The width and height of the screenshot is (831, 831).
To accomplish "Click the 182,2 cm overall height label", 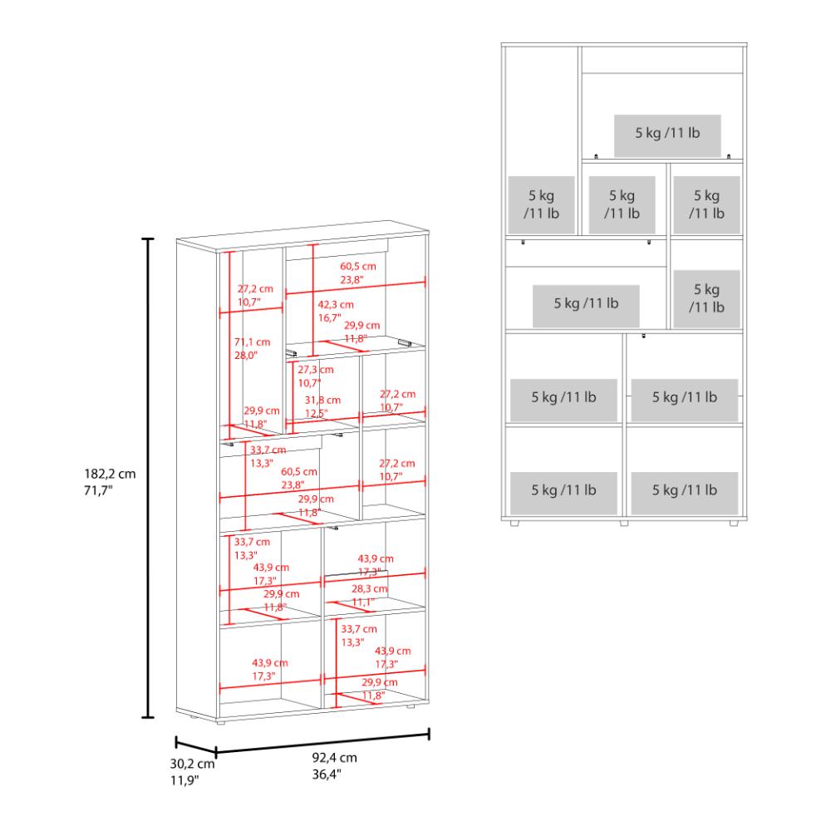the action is (110, 474).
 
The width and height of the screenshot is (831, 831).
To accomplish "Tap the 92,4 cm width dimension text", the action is (334, 758).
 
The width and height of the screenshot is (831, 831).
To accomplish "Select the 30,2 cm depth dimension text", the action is (193, 765).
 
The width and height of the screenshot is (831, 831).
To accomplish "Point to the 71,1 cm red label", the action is (253, 342).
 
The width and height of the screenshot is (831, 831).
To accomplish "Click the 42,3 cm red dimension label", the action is (336, 305).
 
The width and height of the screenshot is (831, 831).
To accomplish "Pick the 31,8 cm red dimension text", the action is (322, 401).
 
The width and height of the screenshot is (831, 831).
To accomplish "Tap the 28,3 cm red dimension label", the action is (370, 589).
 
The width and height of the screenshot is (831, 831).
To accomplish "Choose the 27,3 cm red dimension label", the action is (316, 370).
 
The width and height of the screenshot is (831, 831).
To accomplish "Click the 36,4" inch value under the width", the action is (327, 774).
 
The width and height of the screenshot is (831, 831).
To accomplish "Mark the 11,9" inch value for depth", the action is (184, 780).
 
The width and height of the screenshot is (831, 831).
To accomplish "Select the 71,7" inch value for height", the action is (99, 490).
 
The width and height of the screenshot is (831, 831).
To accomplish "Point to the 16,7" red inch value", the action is (330, 318).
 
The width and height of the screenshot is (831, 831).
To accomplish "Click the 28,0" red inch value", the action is (246, 356).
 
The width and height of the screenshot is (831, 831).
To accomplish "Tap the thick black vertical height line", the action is (148, 479).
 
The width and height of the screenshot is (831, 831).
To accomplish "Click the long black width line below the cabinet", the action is (322, 743).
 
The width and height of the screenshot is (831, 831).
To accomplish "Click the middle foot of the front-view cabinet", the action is (624, 523).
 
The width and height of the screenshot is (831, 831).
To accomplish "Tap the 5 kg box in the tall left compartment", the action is (542, 204).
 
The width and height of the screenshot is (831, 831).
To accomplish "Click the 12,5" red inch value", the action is (317, 413).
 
